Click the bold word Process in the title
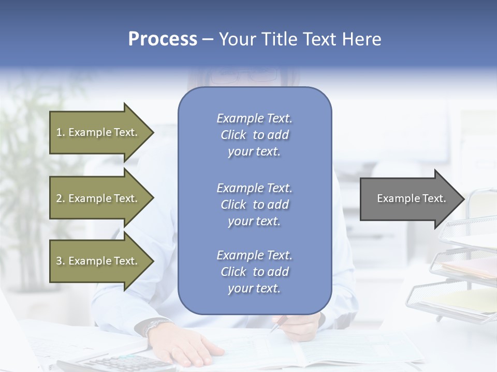(x=163, y=39)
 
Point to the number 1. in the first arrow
(x=61, y=132)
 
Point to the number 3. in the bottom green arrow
(x=61, y=261)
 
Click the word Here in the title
(x=362, y=39)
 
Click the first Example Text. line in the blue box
(x=254, y=118)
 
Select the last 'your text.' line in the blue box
(x=254, y=288)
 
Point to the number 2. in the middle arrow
(x=61, y=198)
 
